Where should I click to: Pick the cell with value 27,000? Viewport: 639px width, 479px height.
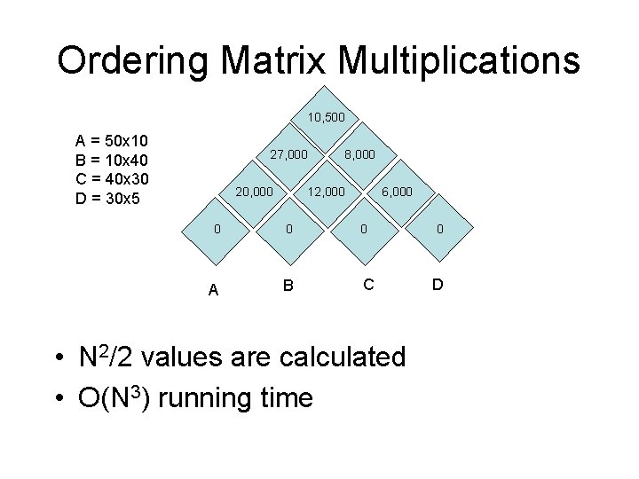click(x=289, y=154)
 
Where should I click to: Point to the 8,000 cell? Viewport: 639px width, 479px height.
click(x=359, y=154)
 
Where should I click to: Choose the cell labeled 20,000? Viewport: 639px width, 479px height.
click(x=254, y=192)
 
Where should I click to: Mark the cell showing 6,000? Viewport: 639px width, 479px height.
click(x=397, y=192)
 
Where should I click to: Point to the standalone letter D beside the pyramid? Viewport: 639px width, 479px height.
click(x=438, y=285)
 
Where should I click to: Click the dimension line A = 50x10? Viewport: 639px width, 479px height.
click(x=112, y=141)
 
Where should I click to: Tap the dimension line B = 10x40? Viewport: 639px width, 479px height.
click(x=112, y=160)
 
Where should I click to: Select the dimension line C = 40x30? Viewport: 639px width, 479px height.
click(x=112, y=178)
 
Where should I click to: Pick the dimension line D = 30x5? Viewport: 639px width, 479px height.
click(x=108, y=197)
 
